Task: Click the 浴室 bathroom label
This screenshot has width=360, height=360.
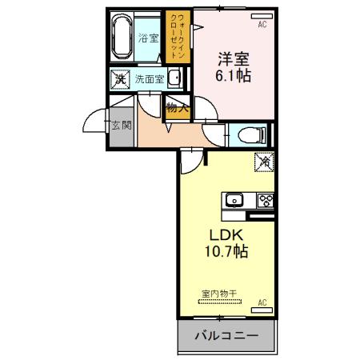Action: click(148, 38)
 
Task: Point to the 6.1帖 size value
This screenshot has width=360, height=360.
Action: click(231, 78)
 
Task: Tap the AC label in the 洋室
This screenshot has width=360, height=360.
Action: click(261, 26)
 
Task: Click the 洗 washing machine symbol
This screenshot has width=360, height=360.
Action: click(119, 78)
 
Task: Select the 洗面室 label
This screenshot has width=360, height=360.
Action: click(149, 78)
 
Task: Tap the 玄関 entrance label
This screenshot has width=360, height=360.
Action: click(122, 126)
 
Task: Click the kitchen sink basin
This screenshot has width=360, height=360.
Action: click(234, 200)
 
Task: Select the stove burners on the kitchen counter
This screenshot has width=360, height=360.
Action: click(265, 200)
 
